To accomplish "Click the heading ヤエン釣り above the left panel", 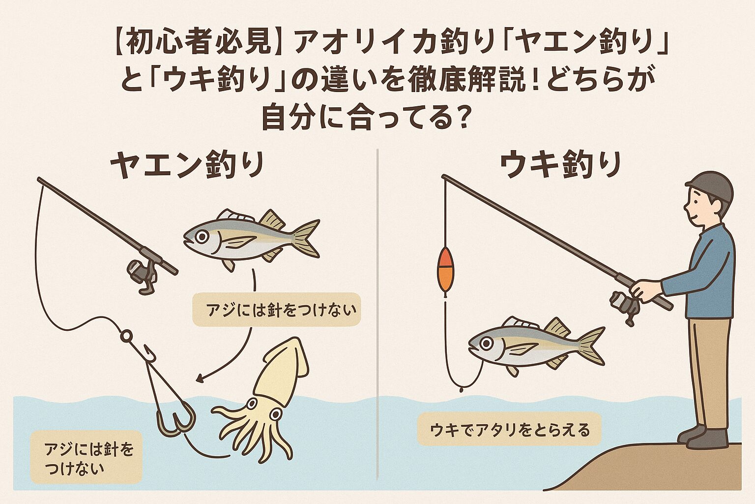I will click(x=187, y=165).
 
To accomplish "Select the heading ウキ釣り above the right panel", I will click(x=560, y=165).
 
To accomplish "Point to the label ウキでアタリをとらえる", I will click(x=510, y=430).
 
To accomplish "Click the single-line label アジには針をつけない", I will click(x=276, y=310).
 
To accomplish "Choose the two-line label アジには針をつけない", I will click(x=87, y=458).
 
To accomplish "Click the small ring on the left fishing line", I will click(x=126, y=336).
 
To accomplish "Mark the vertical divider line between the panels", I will click(x=377, y=315).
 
